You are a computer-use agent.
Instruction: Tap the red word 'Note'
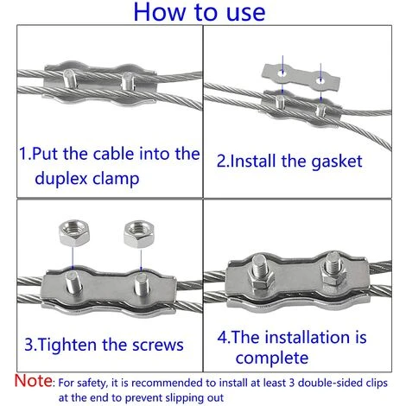(x=34, y=380)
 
